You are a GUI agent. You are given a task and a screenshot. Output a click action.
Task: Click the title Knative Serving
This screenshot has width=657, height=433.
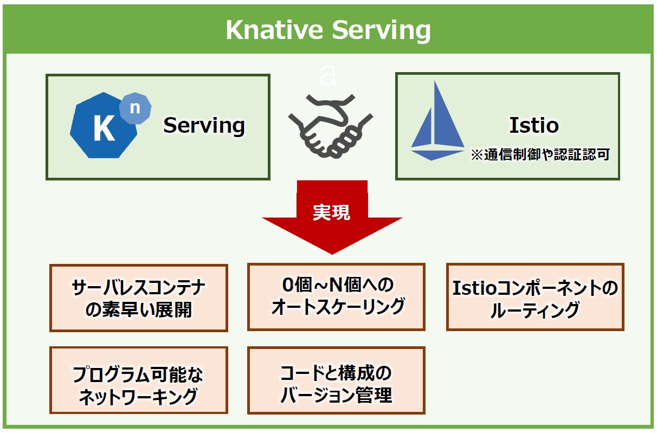[x=328, y=30]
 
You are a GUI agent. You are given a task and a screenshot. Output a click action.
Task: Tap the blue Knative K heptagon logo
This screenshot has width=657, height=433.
[x=103, y=126]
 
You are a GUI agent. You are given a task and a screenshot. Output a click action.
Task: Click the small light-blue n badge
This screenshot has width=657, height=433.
[x=135, y=108]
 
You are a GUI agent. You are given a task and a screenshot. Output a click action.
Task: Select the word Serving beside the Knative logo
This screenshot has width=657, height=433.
[x=204, y=126]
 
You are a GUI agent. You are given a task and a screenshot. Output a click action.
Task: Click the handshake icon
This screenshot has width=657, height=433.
[x=331, y=126]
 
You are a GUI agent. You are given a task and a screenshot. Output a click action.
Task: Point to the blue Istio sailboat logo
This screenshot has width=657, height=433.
[x=437, y=121]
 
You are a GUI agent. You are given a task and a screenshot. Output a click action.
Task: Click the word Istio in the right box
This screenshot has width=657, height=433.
[x=534, y=125]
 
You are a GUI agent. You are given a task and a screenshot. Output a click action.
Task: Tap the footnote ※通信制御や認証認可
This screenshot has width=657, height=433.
[x=540, y=154]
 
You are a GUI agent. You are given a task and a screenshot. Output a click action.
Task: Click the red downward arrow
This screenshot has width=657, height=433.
[x=332, y=217]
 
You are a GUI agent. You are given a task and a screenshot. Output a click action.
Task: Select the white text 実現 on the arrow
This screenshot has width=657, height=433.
[x=331, y=212]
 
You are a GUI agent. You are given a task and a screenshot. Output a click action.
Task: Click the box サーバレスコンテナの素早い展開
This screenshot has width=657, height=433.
[x=139, y=298]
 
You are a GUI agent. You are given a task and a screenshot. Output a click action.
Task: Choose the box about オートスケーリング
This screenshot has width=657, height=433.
[x=337, y=297]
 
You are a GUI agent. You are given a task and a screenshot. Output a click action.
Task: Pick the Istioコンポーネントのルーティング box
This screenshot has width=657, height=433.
[x=535, y=297]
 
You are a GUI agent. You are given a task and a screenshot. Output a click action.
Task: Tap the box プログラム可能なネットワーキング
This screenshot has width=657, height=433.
[x=139, y=380]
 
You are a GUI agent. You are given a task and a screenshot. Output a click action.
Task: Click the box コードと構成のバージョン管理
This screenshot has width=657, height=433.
[x=337, y=380]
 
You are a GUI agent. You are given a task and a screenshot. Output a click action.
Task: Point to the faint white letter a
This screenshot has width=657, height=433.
[x=327, y=76]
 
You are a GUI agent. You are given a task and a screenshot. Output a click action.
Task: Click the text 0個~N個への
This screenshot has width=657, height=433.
[x=338, y=285]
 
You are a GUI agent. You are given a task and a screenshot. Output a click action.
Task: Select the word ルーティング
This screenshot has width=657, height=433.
[x=535, y=310]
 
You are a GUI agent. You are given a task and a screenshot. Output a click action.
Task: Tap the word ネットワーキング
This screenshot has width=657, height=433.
[x=138, y=397]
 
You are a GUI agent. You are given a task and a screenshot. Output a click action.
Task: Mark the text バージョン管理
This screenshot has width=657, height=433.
[x=337, y=395]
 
